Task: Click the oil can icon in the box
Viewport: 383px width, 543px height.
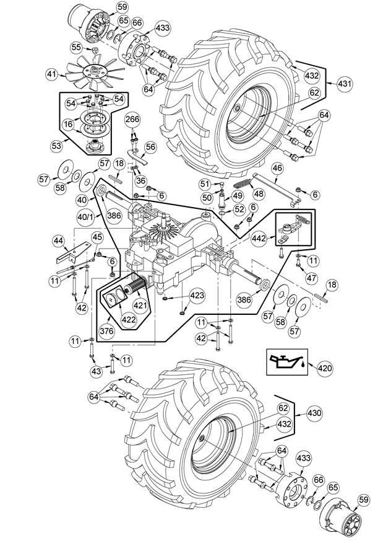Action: pos(285,361)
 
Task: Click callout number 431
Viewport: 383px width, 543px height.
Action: pos(344,84)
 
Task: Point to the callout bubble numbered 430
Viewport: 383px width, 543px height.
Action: pos(314,413)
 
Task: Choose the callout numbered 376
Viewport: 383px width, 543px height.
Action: pos(106,331)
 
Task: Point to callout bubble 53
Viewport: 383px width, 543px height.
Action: pos(56,146)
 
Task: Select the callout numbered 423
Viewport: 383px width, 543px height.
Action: pos(196,296)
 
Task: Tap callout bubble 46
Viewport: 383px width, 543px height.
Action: pos(277,169)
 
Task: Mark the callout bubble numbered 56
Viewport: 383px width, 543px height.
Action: pos(150,147)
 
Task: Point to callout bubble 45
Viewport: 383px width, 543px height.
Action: pos(98,237)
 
